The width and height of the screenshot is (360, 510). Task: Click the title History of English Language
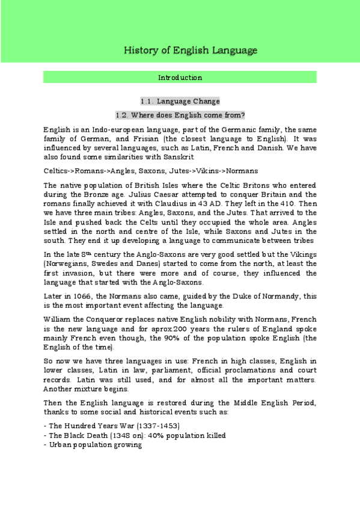pyautogui.click(x=190, y=50)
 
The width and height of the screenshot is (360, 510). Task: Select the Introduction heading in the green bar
pyautogui.click(x=180, y=78)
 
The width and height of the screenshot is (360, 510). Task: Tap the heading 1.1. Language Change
pyautogui.click(x=180, y=101)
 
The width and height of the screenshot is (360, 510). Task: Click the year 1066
pyautogui.click(x=81, y=298)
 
